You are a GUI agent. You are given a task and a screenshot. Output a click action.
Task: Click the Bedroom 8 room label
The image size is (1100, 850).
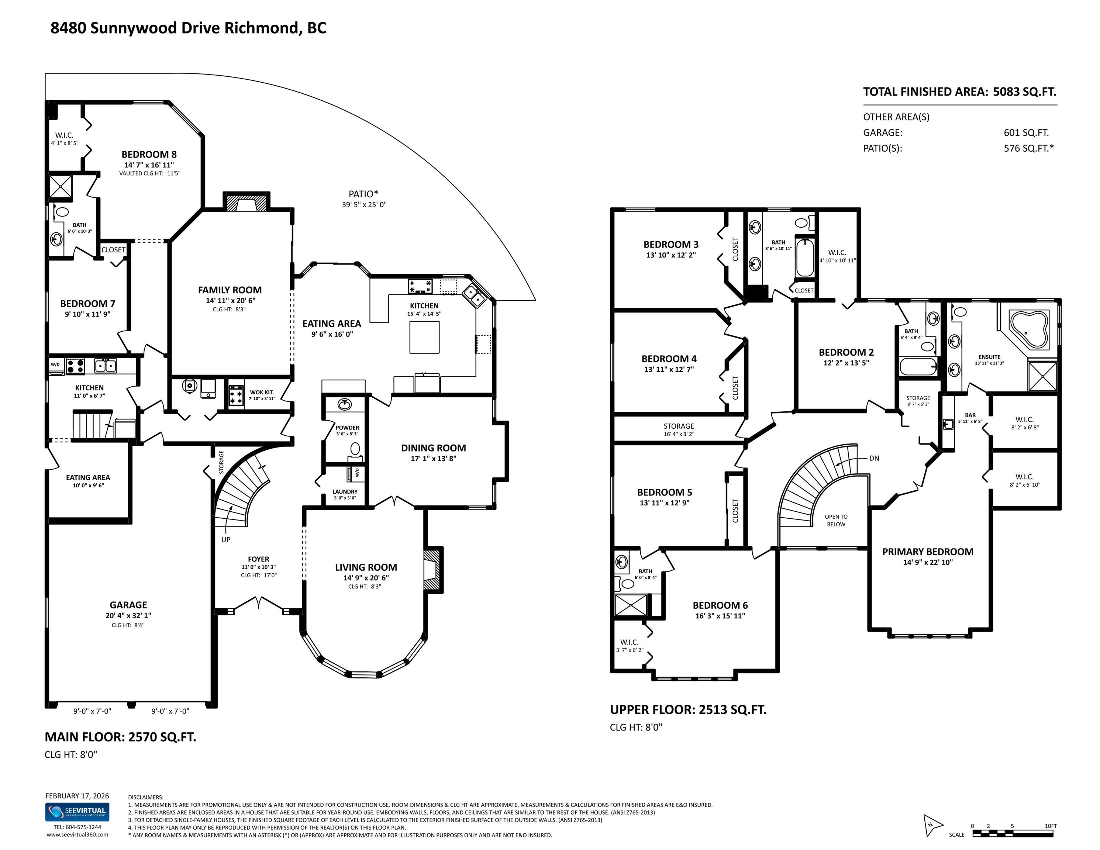click(x=149, y=155)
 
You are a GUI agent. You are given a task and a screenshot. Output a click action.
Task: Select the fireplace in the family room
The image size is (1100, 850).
click(x=246, y=203)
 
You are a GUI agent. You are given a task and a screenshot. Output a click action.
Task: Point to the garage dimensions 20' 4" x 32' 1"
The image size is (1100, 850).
click(x=128, y=615)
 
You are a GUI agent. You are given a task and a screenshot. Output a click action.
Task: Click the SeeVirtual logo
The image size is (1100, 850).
click(x=77, y=811)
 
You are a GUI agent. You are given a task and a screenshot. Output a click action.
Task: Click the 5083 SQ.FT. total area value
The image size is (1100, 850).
click(x=1024, y=91)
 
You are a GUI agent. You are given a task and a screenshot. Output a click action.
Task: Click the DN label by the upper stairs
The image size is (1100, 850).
click(x=874, y=458)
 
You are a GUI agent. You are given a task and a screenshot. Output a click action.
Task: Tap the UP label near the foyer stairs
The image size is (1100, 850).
click(x=225, y=539)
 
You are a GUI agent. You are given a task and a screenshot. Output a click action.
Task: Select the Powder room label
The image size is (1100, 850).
click(x=347, y=428)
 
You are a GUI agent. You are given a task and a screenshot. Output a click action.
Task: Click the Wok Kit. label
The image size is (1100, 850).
click(x=262, y=392)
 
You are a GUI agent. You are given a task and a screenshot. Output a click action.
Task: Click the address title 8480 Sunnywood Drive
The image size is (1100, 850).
click(x=188, y=28)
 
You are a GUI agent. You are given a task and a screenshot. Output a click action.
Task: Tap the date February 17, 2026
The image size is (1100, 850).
click(x=77, y=796)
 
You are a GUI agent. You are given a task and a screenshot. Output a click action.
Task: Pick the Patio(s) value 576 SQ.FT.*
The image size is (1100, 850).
click(x=1028, y=148)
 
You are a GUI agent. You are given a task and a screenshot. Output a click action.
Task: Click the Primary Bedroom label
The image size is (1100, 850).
click(x=927, y=552)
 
